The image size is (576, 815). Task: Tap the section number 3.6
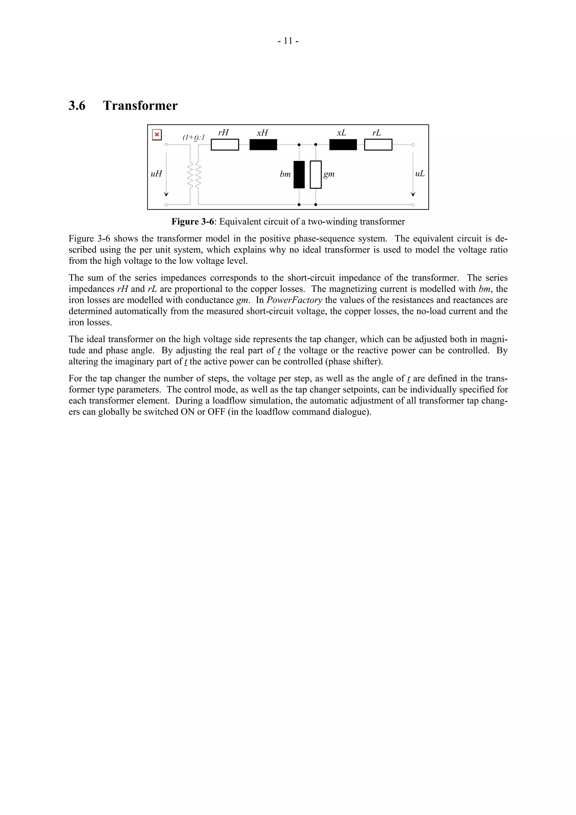[77, 106]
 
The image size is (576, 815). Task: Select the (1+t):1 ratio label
[194, 137]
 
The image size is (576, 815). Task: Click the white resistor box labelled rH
[225, 145]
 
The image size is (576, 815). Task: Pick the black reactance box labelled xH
[263, 145]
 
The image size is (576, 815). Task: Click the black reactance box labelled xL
[343, 145]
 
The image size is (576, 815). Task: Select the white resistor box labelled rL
[378, 145]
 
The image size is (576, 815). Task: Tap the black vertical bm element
[299, 175]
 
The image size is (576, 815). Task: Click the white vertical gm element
[316, 175]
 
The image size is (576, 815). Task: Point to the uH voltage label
[156, 174]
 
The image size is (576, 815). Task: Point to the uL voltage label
[420, 174]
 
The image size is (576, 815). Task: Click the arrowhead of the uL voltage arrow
[413, 194]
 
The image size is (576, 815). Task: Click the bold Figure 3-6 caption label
[193, 222]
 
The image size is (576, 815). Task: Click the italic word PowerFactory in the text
[294, 300]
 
